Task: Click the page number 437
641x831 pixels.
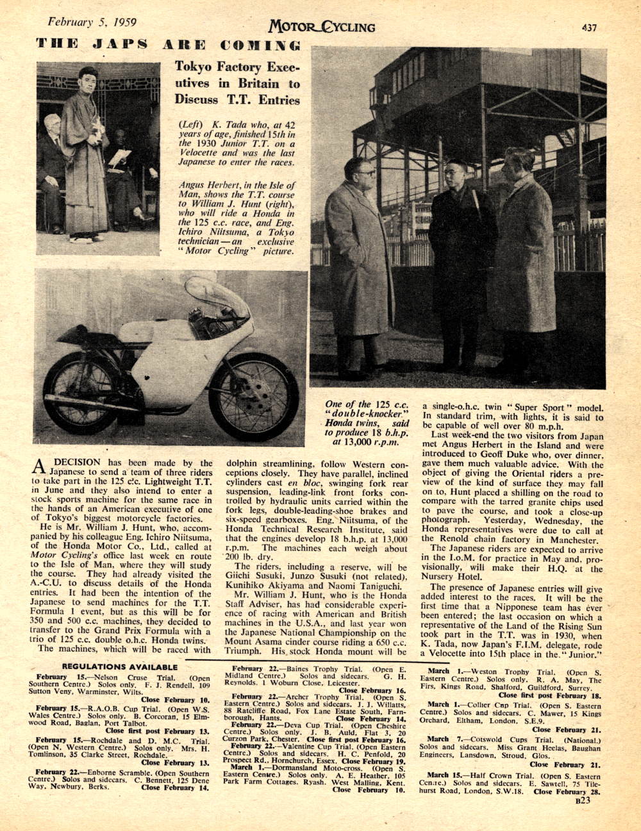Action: pos(590,27)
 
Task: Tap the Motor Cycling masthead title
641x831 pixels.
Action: pos(322,26)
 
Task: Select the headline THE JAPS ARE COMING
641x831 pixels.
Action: pos(168,45)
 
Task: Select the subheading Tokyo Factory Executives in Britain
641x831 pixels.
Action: pos(237,83)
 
